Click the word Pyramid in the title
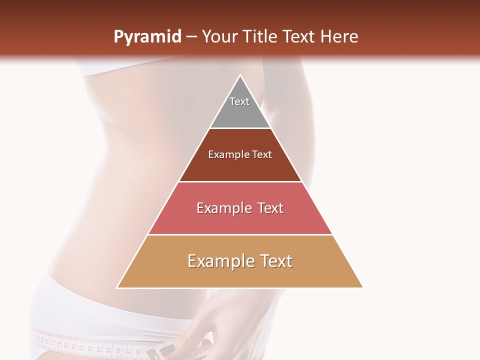[147, 37]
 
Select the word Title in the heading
[263, 36]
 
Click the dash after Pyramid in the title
[191, 37]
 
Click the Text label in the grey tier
[239, 101]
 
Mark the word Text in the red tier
[270, 208]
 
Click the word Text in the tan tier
[276, 261]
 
